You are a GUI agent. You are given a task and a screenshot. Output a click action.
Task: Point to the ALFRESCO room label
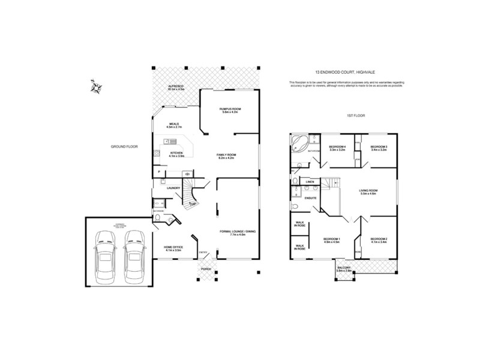point(175,89)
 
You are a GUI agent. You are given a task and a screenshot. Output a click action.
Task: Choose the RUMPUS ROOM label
point(231,109)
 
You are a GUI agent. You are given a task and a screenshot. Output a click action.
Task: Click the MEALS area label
point(174,125)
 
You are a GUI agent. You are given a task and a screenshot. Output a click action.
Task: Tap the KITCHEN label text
point(176,153)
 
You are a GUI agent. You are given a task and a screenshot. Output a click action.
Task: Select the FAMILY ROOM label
point(227,155)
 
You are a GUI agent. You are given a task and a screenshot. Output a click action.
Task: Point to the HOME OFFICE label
point(173,247)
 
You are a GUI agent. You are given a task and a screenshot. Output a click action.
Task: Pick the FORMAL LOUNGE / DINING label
point(230,232)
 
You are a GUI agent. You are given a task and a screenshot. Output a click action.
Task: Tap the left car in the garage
point(106,259)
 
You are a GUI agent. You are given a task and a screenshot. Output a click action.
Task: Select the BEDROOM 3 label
point(379,147)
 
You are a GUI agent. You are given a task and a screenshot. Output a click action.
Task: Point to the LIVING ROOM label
point(368,191)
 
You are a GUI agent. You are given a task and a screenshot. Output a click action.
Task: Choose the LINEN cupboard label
point(310,181)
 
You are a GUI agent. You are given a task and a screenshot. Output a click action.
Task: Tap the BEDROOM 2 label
point(378,239)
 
